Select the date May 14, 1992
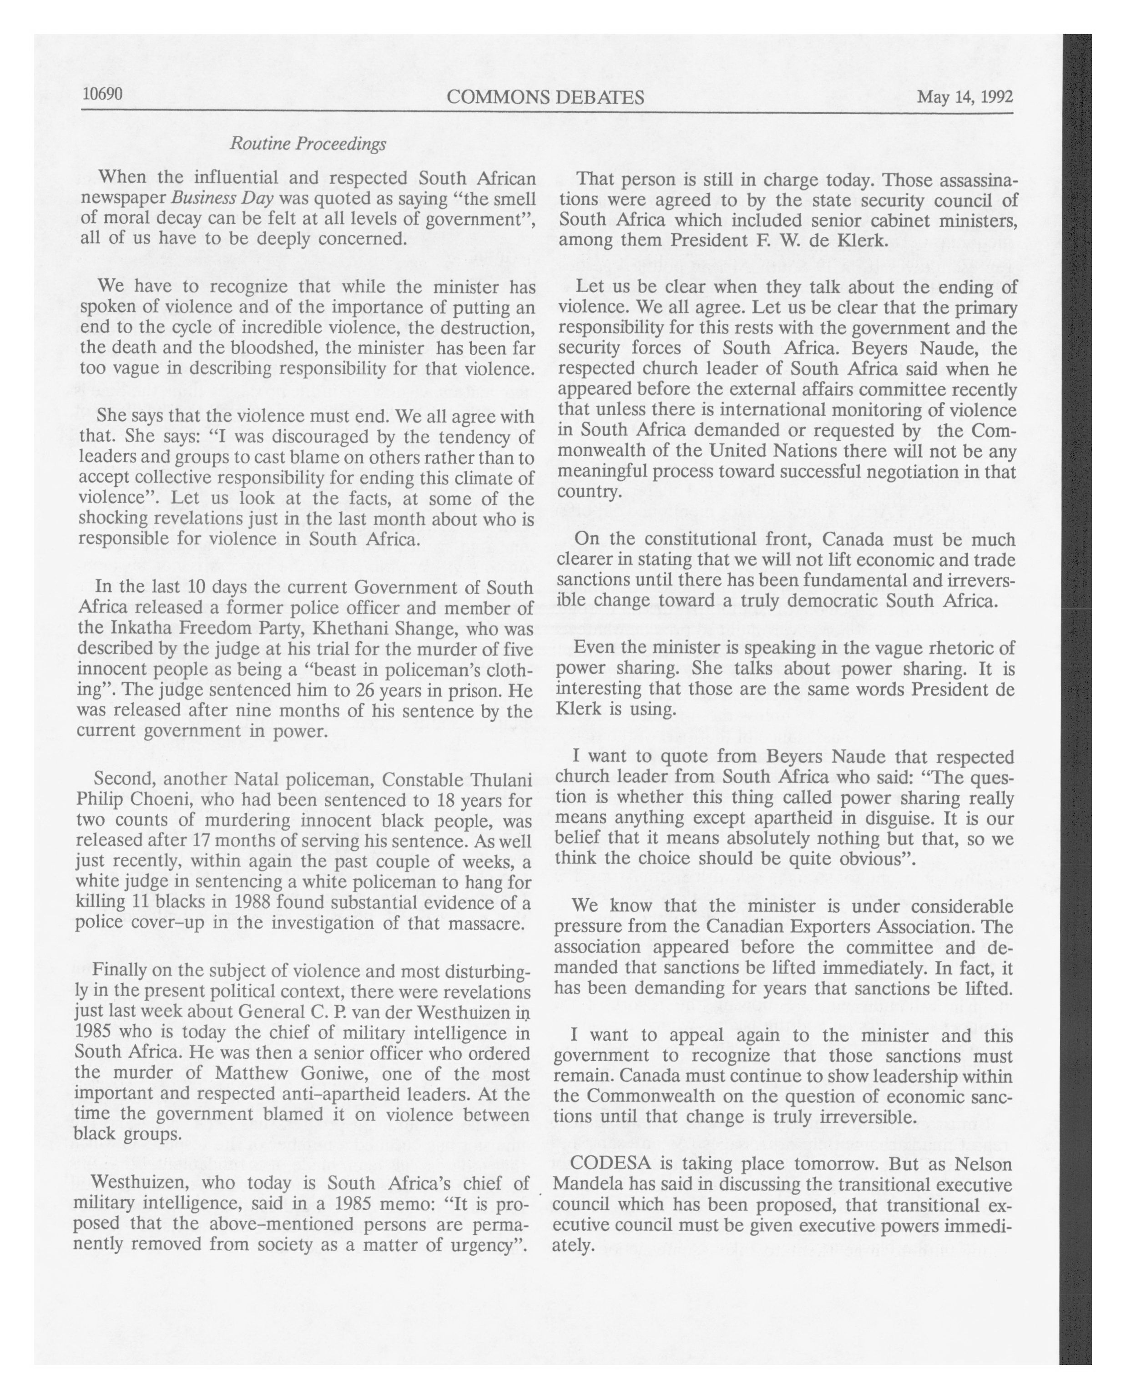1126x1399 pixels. pos(964,97)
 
